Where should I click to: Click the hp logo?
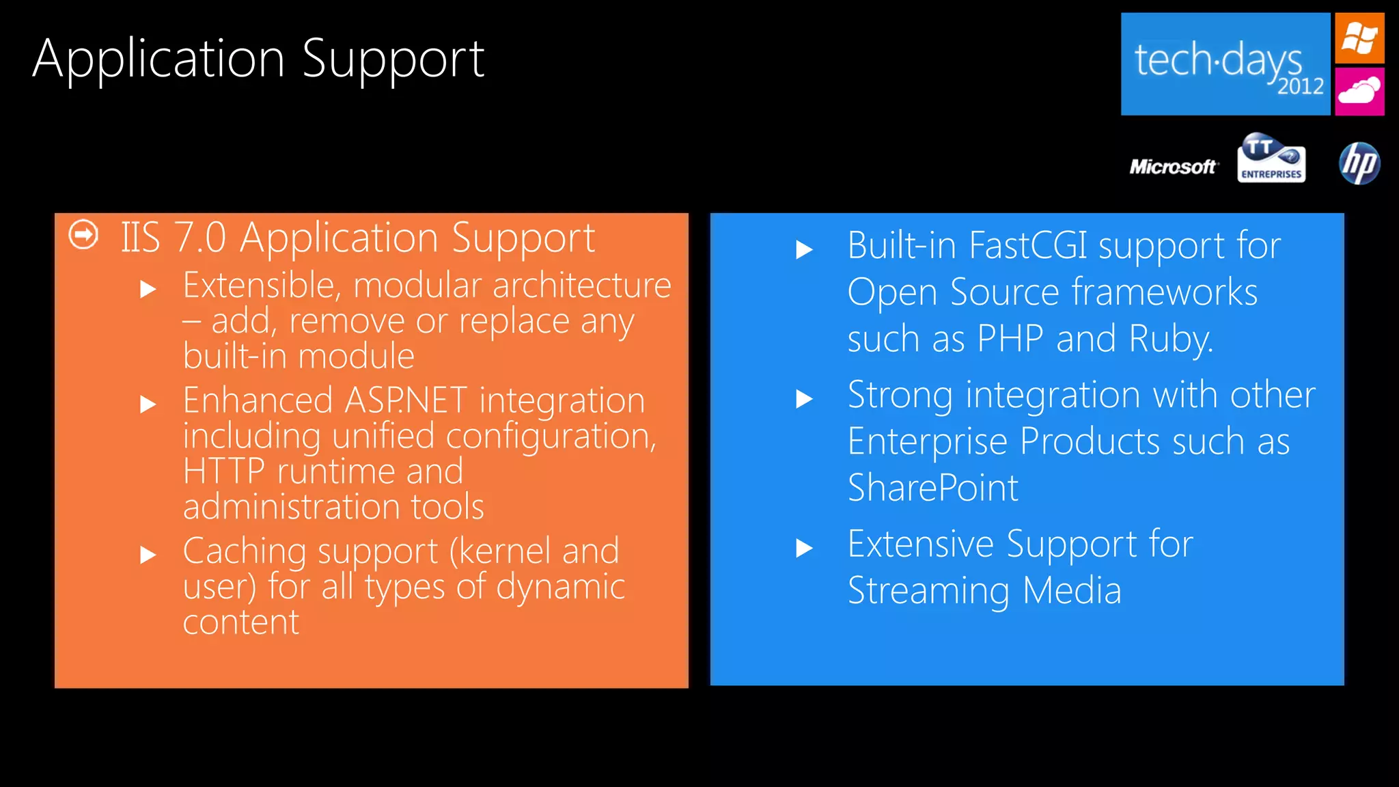pos(1359,163)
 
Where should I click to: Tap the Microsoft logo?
pos(1173,167)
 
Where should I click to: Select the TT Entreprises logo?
pos(1271,158)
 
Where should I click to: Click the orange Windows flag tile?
pos(1359,38)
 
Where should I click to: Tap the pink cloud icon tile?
pos(1359,91)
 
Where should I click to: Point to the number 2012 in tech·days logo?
pos(1301,87)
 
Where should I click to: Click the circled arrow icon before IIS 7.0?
pos(83,235)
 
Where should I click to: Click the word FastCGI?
pos(1027,245)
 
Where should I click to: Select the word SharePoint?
pos(932,488)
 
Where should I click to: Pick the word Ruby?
pos(1169,339)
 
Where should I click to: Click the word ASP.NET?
pos(406,400)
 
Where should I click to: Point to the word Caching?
pos(243,552)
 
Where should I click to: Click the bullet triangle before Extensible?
pos(148,290)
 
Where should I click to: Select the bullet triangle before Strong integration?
pos(805,399)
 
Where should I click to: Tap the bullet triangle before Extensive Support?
pos(805,548)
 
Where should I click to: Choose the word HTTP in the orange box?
pos(224,471)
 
